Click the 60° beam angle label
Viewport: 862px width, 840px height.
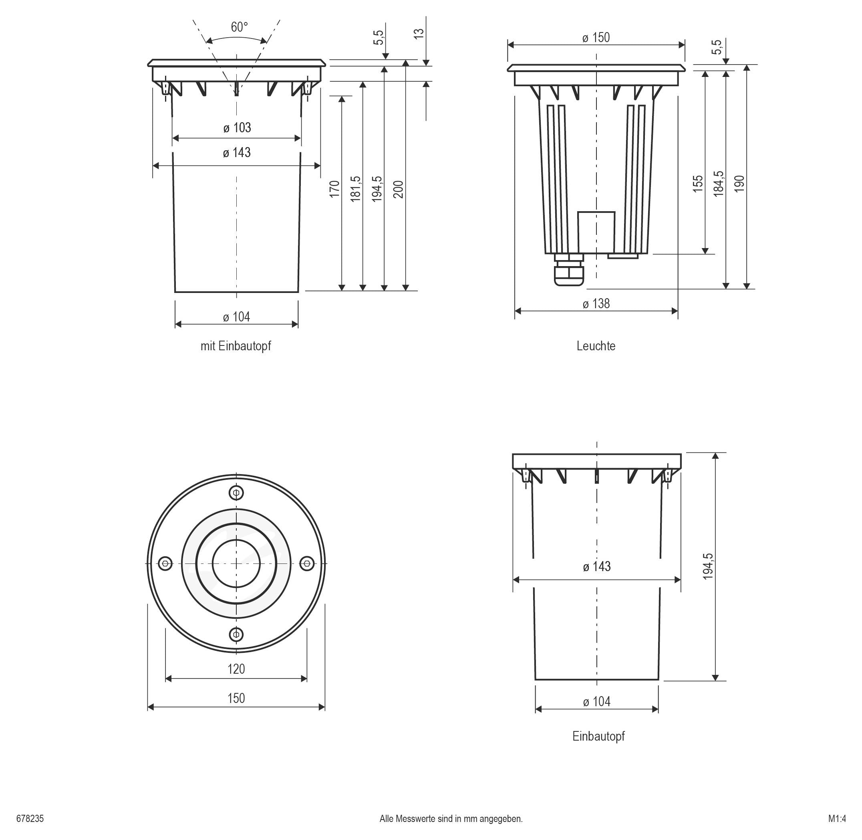pyautogui.click(x=239, y=27)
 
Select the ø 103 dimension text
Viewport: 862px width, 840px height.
pyautogui.click(x=237, y=128)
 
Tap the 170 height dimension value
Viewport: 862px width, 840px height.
pyautogui.click(x=334, y=189)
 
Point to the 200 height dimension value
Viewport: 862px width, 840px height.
pyautogui.click(x=398, y=189)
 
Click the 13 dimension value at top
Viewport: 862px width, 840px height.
pyautogui.click(x=419, y=33)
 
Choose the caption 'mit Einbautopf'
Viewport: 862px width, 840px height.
pyautogui.click(x=236, y=346)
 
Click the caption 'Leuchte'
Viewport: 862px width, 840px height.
pyautogui.click(x=596, y=346)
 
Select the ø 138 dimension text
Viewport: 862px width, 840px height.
pyautogui.click(x=596, y=304)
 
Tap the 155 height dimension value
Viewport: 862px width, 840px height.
pyautogui.click(x=697, y=184)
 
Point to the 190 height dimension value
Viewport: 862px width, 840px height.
pyautogui.click(x=739, y=184)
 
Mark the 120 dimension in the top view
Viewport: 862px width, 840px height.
pyautogui.click(x=236, y=669)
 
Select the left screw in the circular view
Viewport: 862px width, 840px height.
pyautogui.click(x=165, y=563)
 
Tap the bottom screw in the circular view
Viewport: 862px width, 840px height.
pyautogui.click(x=236, y=634)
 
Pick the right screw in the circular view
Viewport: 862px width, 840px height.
pyautogui.click(x=307, y=563)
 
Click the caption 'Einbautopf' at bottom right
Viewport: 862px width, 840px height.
pyautogui.click(x=598, y=736)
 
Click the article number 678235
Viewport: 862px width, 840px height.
pyautogui.click(x=30, y=819)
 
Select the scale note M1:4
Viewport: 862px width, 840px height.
pyautogui.click(x=837, y=819)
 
